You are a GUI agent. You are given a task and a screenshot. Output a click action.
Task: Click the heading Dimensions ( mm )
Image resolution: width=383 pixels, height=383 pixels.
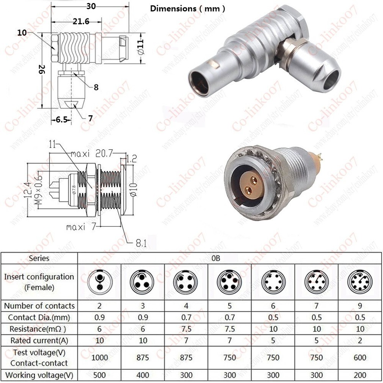187,8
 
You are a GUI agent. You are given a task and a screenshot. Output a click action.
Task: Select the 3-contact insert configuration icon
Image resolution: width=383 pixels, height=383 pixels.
143,282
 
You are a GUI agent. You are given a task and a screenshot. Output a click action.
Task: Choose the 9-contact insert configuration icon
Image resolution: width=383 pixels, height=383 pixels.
360,282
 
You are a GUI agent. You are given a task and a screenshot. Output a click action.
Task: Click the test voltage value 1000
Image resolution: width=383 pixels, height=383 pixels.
100,357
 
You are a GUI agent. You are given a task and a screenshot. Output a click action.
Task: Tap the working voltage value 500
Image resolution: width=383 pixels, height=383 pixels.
100,375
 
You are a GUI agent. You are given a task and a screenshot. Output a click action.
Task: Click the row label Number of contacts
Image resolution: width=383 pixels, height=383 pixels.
39,306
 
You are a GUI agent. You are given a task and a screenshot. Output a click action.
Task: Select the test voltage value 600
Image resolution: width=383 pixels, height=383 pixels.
360,357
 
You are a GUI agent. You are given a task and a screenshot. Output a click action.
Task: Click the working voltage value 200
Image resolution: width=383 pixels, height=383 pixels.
360,375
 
